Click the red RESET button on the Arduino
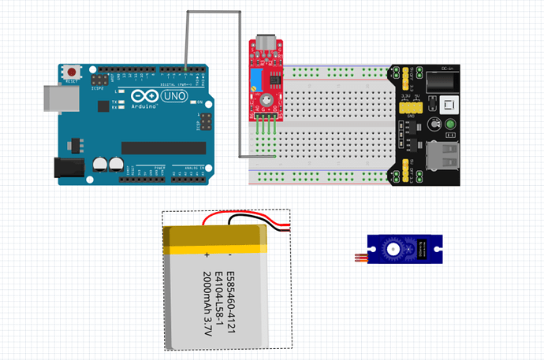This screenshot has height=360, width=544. click(72, 70)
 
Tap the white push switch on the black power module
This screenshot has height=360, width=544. click(449, 105)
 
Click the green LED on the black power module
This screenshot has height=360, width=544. click(450, 125)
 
